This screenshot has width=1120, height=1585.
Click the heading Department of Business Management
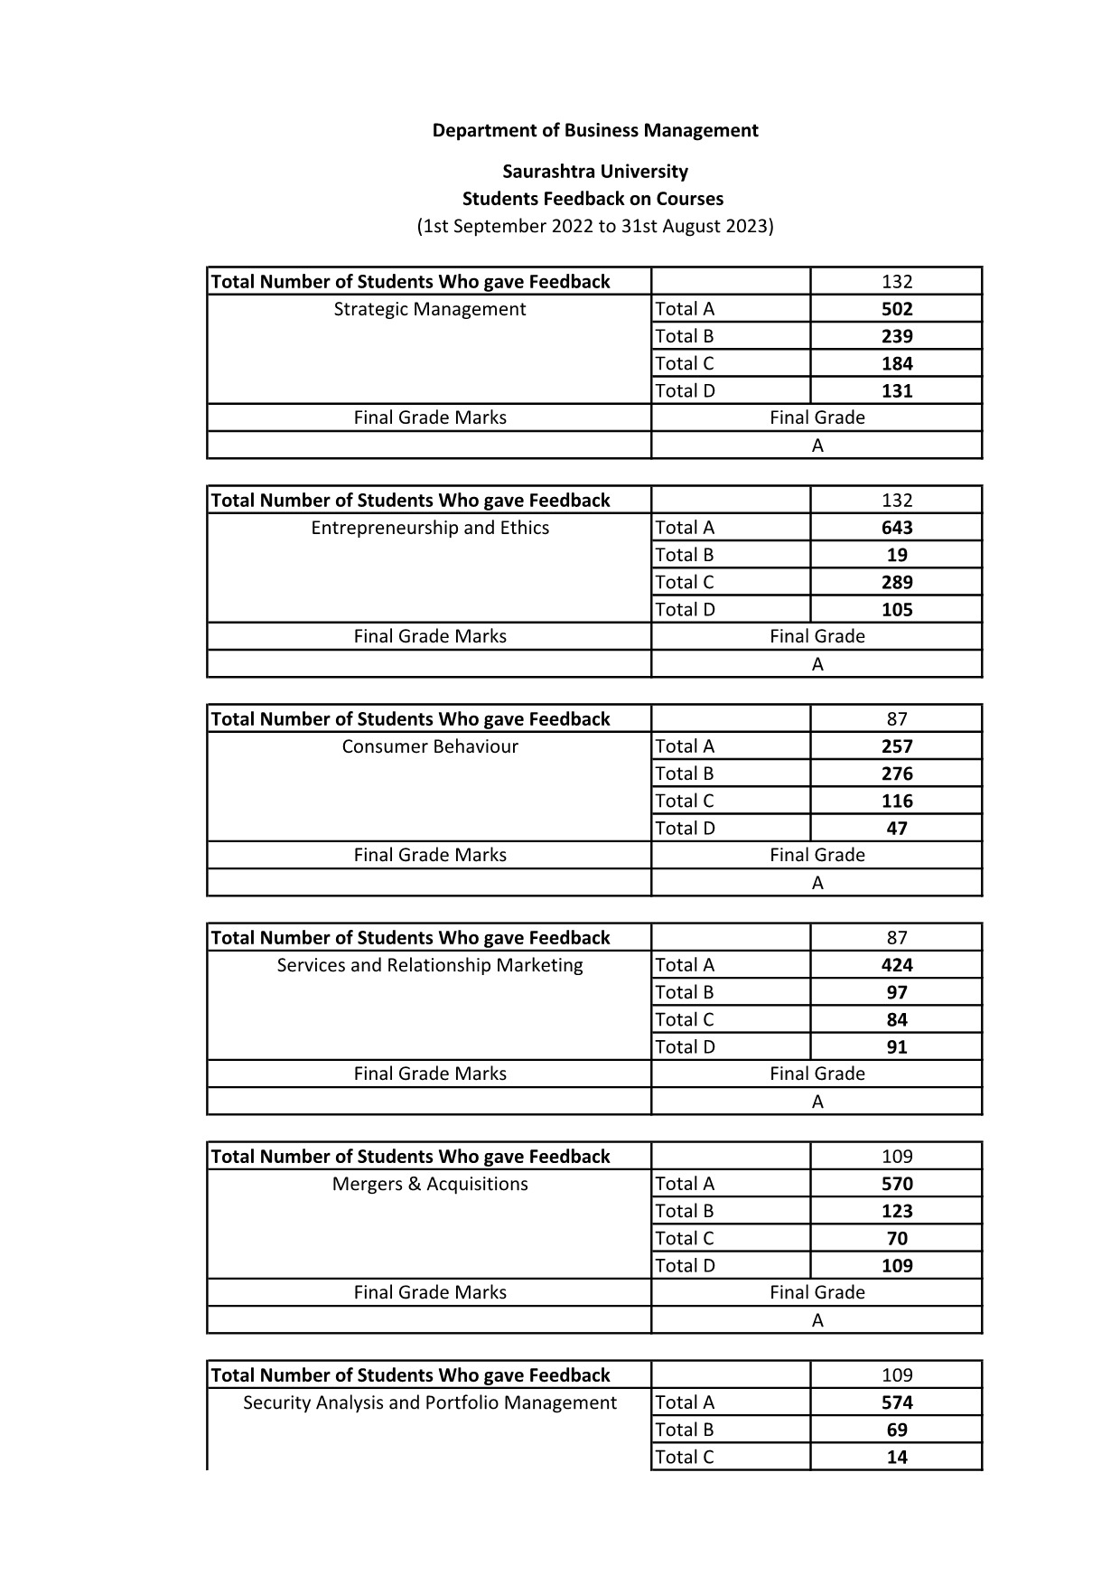click(x=595, y=130)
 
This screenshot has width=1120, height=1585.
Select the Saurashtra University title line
click(x=595, y=172)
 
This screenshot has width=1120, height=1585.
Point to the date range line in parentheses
click(x=595, y=226)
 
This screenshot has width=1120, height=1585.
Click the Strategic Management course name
click(x=430, y=309)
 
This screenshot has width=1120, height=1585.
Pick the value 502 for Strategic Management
click(x=897, y=309)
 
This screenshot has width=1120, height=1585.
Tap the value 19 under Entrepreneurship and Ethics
click(x=897, y=555)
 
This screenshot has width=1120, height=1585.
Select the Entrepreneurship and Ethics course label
click(x=430, y=528)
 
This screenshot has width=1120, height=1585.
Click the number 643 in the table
click(x=897, y=528)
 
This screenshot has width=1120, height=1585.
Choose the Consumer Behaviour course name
click(x=430, y=746)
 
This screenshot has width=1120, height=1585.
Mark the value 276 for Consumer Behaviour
click(x=897, y=774)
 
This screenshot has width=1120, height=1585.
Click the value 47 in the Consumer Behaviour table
click(x=897, y=828)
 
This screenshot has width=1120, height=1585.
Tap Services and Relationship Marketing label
click(x=430, y=965)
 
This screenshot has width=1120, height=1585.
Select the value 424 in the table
click(x=897, y=965)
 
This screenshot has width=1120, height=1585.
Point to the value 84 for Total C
click(x=897, y=1019)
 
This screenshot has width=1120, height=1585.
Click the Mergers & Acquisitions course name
click(x=430, y=1184)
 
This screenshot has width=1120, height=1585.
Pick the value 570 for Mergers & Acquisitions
click(x=897, y=1184)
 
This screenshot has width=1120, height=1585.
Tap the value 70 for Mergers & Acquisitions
click(x=897, y=1238)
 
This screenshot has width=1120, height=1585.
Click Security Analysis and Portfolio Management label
click(x=430, y=1402)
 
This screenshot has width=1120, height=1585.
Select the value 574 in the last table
click(x=897, y=1402)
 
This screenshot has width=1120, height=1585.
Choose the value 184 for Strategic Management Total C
click(x=897, y=363)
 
